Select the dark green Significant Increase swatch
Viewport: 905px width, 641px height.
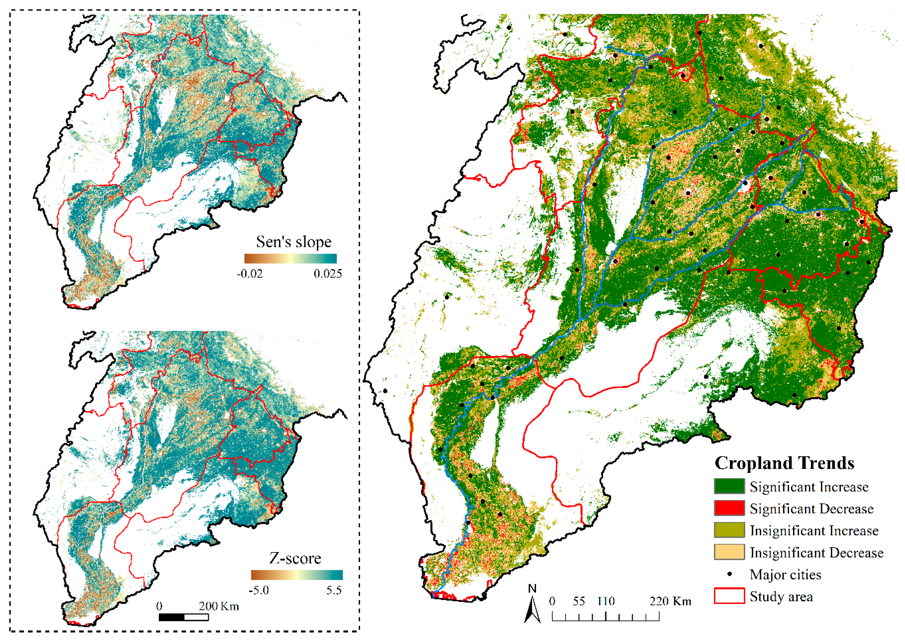click(x=729, y=486)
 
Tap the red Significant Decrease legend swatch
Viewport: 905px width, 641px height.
click(x=729, y=508)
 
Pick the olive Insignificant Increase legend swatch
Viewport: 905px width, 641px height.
click(x=729, y=530)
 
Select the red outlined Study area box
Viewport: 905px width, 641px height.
click(x=729, y=596)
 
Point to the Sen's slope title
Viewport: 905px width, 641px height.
click(x=294, y=242)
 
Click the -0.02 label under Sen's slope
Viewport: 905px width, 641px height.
click(x=249, y=274)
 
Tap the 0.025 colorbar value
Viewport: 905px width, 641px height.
click(x=327, y=274)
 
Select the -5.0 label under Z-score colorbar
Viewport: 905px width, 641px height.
click(x=259, y=590)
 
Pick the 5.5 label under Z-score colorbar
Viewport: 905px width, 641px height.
click(x=334, y=590)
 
